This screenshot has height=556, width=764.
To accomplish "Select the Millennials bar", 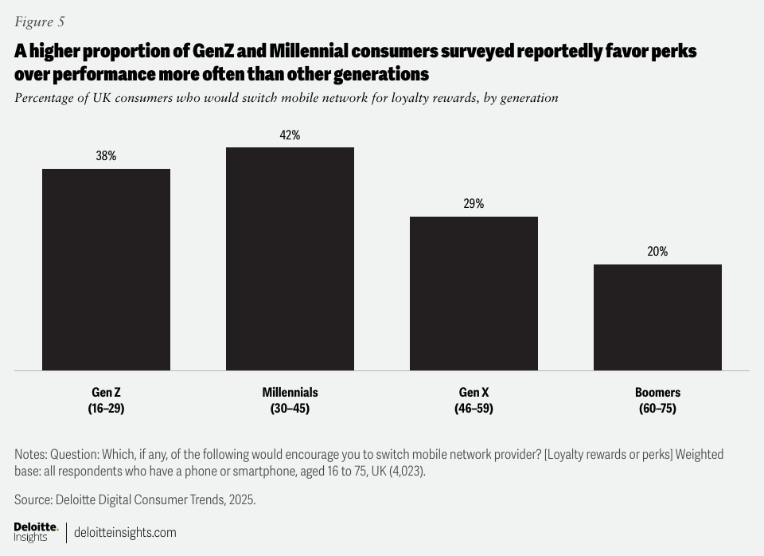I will pyautogui.click(x=290, y=259).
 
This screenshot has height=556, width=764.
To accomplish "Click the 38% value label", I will pyautogui.click(x=106, y=156).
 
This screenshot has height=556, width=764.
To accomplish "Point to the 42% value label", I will pyautogui.click(x=290, y=135).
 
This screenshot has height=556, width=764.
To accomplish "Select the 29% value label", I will pyautogui.click(x=474, y=204).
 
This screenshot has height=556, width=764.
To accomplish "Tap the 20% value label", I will pyautogui.click(x=657, y=252).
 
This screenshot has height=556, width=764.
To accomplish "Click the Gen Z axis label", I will pyautogui.click(x=106, y=393).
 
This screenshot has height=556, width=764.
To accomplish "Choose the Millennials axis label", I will pyautogui.click(x=290, y=393).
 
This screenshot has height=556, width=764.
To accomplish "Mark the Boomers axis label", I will pyautogui.click(x=657, y=393).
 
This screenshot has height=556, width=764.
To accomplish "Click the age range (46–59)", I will pyautogui.click(x=474, y=409).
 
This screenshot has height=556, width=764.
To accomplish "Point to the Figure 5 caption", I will pyautogui.click(x=41, y=22).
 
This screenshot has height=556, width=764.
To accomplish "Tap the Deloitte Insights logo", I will pyautogui.click(x=36, y=532).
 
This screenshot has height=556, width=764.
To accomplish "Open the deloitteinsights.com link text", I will pyautogui.click(x=125, y=532).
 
